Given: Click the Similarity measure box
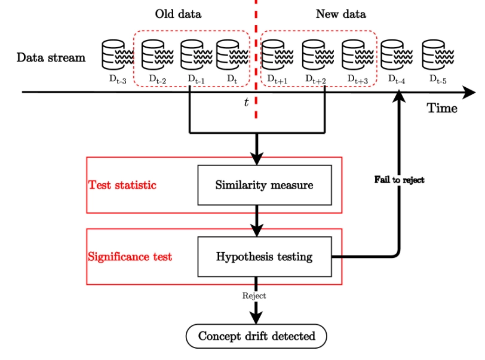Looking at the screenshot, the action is point(265,185).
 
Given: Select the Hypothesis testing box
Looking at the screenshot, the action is point(265,257).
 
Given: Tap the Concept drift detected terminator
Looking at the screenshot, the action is point(256,336).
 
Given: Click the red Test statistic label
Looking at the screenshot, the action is point(122,185).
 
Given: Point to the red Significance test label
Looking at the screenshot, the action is point(130,257).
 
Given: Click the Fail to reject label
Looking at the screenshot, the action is point(399,180).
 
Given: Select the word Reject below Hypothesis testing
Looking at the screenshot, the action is point(254,296).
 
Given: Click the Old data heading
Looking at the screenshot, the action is point(178,14).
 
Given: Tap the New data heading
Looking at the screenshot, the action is point(341,14).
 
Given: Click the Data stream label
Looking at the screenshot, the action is point(51,57).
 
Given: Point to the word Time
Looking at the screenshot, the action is point(442,108).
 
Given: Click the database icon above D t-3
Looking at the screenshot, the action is point(118,54).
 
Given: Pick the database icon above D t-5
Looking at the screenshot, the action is point(438,54).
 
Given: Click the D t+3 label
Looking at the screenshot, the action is point(358,79).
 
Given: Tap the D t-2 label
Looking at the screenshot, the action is point(158,79).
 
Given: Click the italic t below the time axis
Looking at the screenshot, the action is point(246,102).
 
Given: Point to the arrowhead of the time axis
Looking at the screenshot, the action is point(469,93).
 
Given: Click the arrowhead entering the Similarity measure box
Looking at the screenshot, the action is point(257,159).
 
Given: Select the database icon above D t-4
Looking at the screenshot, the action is point(397,54).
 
